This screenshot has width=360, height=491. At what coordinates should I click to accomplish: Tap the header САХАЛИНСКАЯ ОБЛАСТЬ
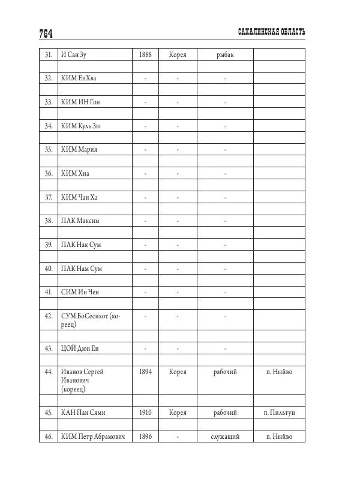pos(272,32)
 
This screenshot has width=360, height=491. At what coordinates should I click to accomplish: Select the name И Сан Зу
pos(78,55)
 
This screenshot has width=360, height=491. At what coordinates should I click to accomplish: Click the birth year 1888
pos(145,55)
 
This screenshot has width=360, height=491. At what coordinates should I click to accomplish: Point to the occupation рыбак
pos(225,55)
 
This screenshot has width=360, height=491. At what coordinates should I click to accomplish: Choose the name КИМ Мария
pos(79,149)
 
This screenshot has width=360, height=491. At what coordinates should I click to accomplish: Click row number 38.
pos(49,221)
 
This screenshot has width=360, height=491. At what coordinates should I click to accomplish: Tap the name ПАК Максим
pos(80,221)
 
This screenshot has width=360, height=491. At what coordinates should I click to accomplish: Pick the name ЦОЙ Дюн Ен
pos(80,348)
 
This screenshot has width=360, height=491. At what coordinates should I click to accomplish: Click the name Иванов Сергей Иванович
pos(82,380)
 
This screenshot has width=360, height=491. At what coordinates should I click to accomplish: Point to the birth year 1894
pos(145,372)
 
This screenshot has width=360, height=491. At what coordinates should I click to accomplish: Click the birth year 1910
pos(145,413)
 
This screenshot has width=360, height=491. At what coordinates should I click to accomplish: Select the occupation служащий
pos(225,437)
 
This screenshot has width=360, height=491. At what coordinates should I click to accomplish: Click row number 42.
pos(49,316)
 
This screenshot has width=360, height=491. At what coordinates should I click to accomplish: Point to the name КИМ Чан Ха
pos(79,197)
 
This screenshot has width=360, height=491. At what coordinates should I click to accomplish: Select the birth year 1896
pos(145,437)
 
